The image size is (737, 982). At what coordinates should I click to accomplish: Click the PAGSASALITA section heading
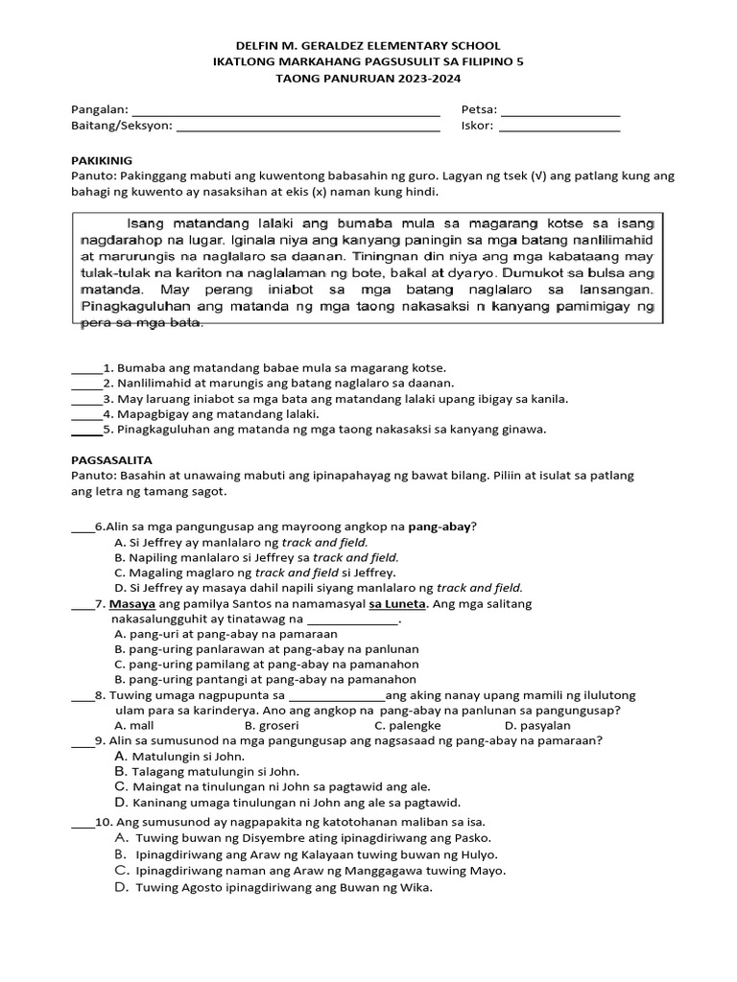pos(108,459)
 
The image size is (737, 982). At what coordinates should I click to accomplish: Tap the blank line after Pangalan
pos(285,111)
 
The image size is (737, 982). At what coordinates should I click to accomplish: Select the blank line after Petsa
pos(559,111)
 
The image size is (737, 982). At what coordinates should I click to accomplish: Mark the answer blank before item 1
pos(85,369)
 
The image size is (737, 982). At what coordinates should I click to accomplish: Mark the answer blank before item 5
pos(85,431)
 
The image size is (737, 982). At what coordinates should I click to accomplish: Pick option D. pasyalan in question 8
pos(535,726)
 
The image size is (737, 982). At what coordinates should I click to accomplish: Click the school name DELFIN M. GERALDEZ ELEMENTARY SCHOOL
pos(368,45)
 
